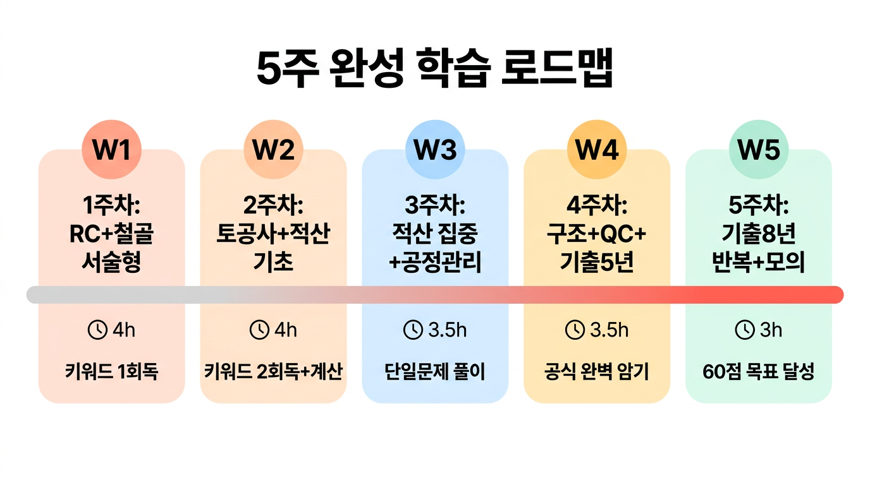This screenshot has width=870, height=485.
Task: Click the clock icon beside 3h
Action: [744, 330]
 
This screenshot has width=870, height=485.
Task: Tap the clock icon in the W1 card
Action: [97, 330]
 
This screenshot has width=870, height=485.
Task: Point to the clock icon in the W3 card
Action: [413, 330]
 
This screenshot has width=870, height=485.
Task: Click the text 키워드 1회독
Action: [111, 372]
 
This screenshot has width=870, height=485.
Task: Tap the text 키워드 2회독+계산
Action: [273, 372]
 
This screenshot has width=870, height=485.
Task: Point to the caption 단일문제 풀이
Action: [435, 372]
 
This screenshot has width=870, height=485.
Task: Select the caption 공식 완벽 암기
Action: [597, 372]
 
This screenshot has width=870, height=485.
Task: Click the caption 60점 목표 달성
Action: [759, 372]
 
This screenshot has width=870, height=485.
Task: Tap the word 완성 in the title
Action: [365, 71]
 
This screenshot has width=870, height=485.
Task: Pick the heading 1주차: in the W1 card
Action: [111, 206]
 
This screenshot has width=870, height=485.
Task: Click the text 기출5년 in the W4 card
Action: [597, 261]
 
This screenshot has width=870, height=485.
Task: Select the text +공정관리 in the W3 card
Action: [435, 261]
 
